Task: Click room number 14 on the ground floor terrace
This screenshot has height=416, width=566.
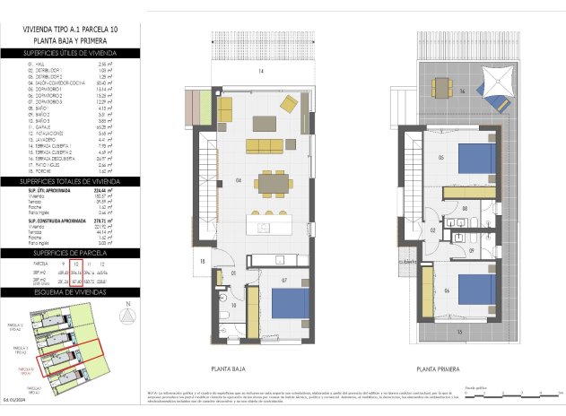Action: click(262, 70)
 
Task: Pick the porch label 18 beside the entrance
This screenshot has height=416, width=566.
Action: click(204, 261)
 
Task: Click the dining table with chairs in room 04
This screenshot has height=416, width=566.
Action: click(272, 184)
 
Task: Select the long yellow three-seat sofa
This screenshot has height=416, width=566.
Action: click(264, 145)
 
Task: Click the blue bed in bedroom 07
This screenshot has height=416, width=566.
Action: click(292, 302)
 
